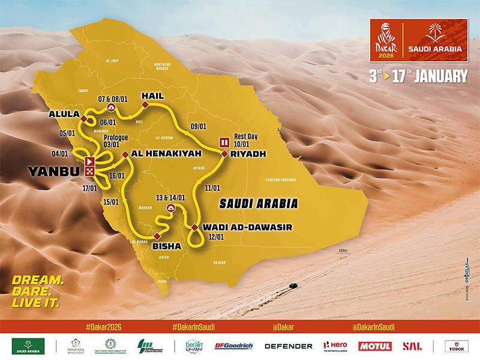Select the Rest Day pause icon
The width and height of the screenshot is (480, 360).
pos(224,142)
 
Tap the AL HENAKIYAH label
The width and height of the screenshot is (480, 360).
pos(158,154)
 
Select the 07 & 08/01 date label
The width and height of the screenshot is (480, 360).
pos(110,97)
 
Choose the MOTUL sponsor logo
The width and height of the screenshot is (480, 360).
pos(375,346)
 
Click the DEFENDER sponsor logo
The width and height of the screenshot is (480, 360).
pos(289,346)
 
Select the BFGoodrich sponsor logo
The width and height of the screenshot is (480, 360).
pos(233,346)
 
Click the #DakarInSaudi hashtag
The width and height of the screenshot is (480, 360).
pos(193,328)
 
